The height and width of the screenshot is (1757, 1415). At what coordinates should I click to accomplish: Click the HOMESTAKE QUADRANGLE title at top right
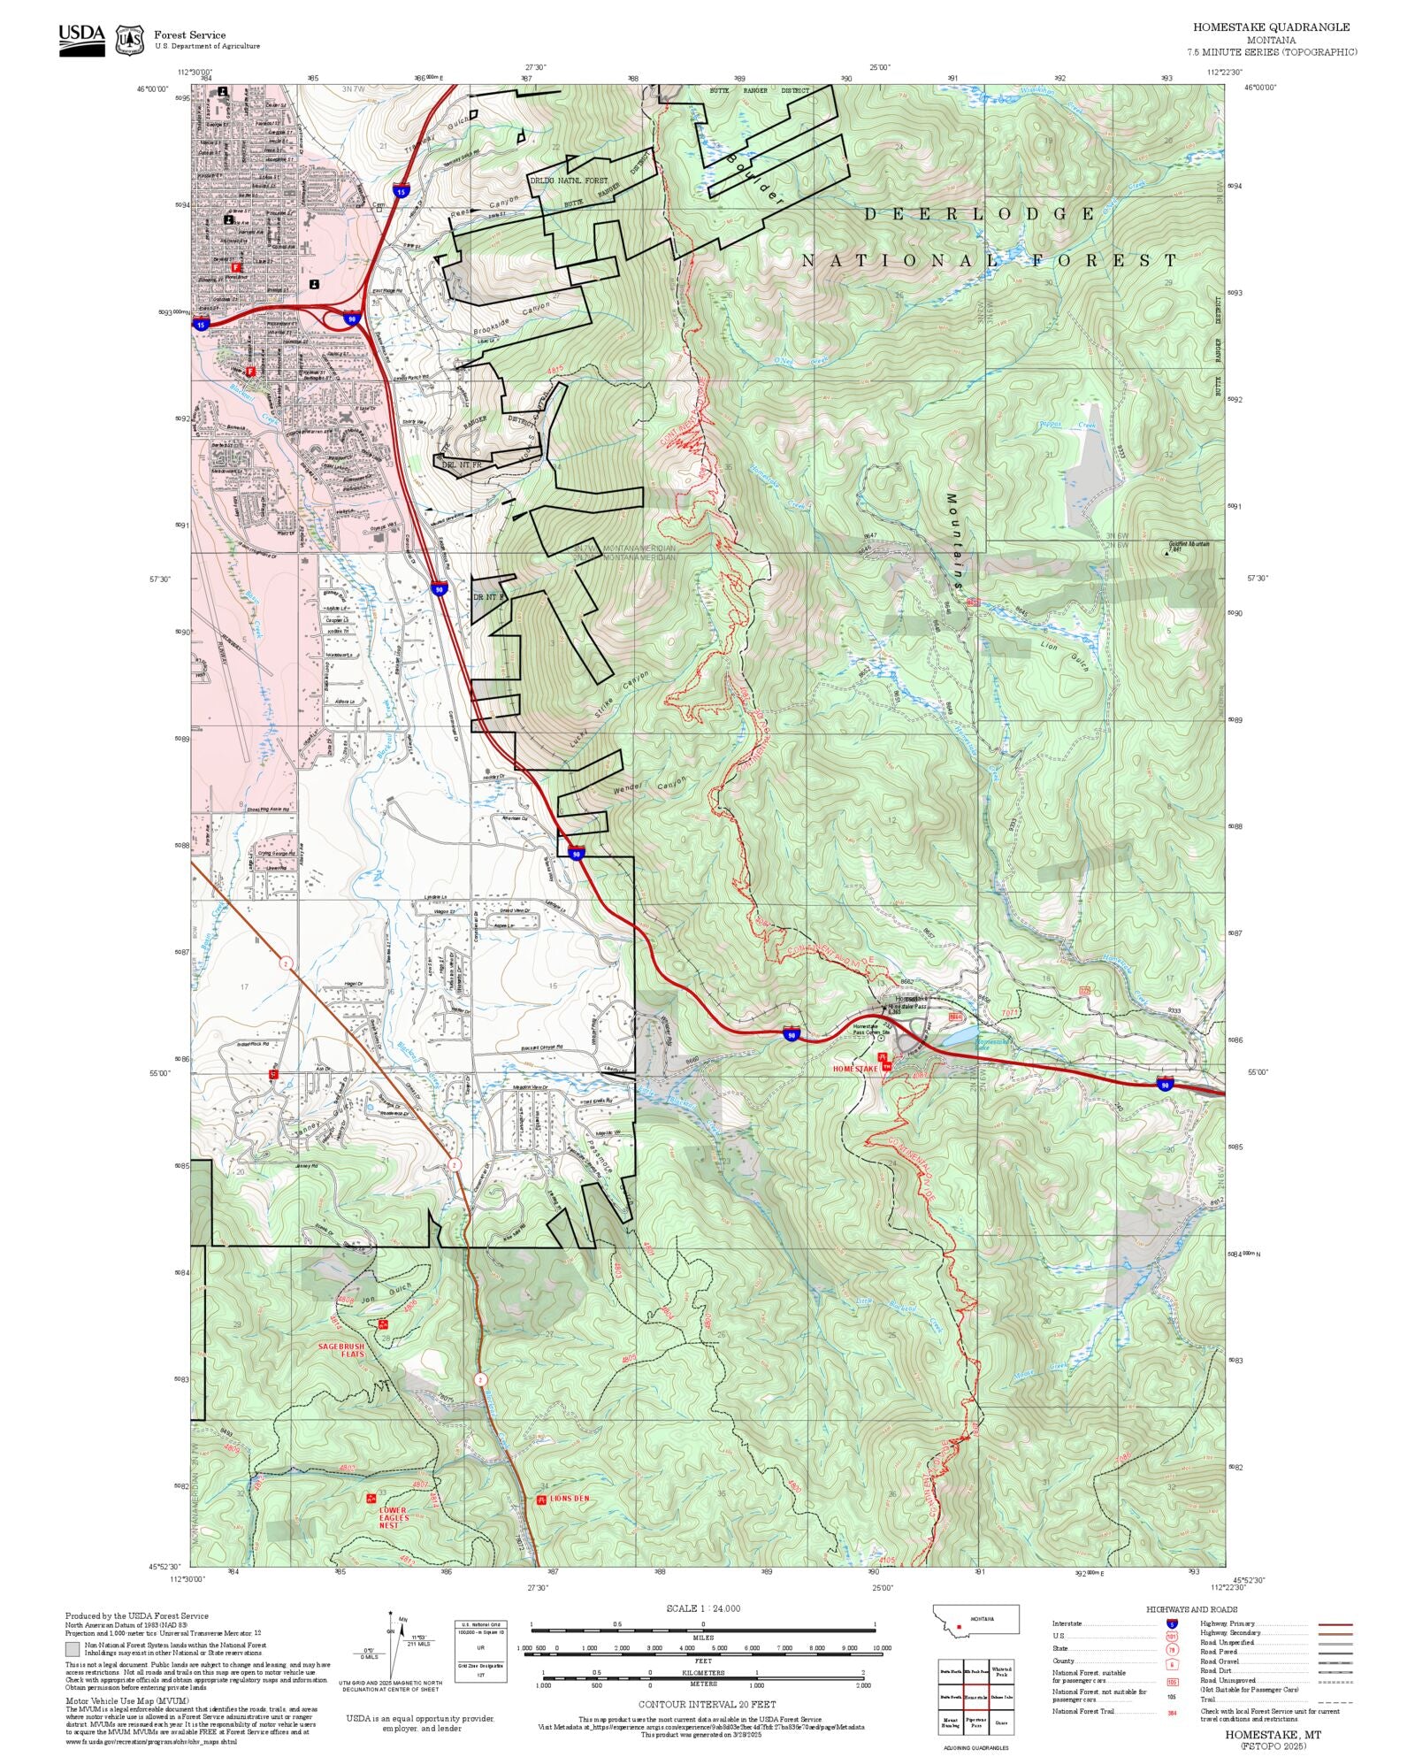coord(1271,27)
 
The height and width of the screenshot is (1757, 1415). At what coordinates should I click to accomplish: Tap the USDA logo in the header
coord(81,39)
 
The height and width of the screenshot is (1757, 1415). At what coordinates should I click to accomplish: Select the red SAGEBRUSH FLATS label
coord(341,1350)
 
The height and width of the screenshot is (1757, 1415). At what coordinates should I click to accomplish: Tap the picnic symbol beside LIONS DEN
coord(541,1500)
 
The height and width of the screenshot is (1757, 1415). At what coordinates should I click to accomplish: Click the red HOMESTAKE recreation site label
coord(855,1069)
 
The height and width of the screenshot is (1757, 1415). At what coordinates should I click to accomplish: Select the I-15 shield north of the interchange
coord(402,191)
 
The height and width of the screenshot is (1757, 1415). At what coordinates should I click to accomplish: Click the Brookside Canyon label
coord(512,317)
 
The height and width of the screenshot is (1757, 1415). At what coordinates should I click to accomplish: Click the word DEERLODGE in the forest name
coord(979,214)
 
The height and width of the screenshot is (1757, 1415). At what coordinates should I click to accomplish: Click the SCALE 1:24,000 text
coord(703,1608)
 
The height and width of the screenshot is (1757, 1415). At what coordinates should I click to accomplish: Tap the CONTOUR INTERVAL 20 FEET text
coord(707,1704)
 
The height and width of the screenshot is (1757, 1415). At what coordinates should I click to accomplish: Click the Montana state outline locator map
coord(975,1619)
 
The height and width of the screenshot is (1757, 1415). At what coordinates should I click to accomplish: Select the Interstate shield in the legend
coord(1172,1623)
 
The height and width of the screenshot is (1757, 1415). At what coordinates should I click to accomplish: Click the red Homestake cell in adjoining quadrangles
coord(976,1696)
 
